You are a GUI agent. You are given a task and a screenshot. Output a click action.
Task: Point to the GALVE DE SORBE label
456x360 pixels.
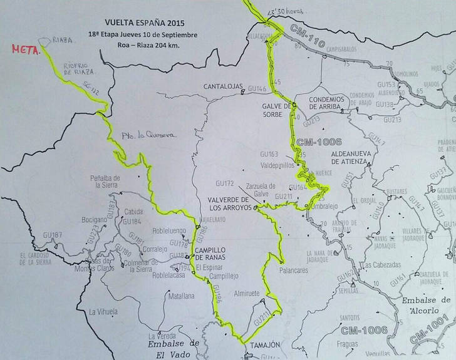(277, 110)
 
